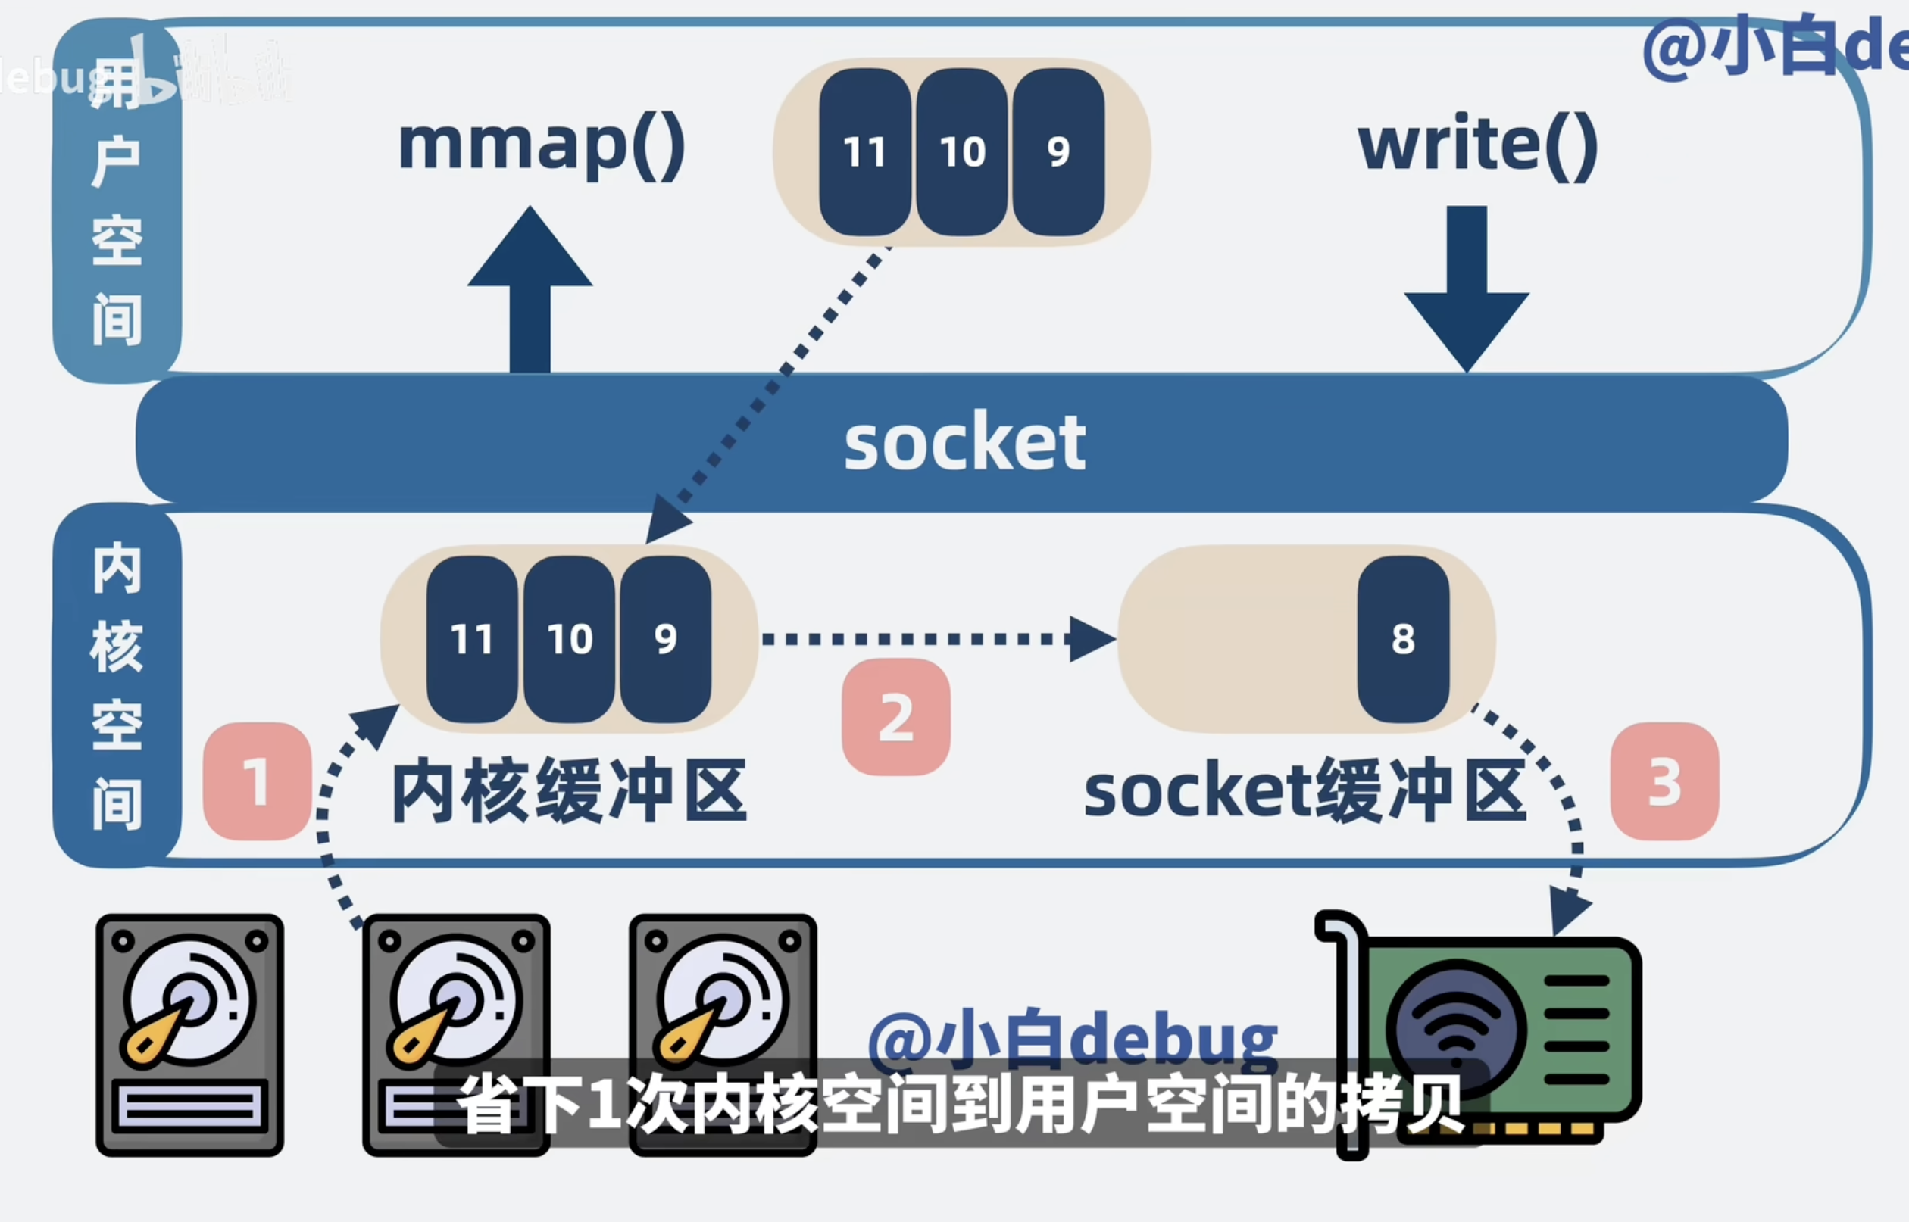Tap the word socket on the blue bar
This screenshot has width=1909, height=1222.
tap(964, 441)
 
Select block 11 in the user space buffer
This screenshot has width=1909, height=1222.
tap(864, 151)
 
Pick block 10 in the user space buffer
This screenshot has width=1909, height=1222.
tap(962, 151)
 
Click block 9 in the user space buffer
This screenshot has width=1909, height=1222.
tap(1059, 151)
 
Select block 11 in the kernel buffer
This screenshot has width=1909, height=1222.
tap(472, 639)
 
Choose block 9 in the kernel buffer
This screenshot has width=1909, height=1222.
tap(665, 639)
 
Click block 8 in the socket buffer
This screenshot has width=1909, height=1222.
tap(1402, 639)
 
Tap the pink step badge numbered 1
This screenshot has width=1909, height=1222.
tap(256, 781)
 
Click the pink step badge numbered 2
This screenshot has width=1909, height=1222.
tap(896, 717)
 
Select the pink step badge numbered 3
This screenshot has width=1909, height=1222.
tap(1664, 781)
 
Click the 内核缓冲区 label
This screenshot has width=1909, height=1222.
tap(569, 791)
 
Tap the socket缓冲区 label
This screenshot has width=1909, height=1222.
tap(1304, 791)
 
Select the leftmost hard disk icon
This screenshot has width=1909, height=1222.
tap(189, 1035)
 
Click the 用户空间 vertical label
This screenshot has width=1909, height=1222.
tap(117, 202)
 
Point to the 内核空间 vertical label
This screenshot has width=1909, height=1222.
tap(117, 687)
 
